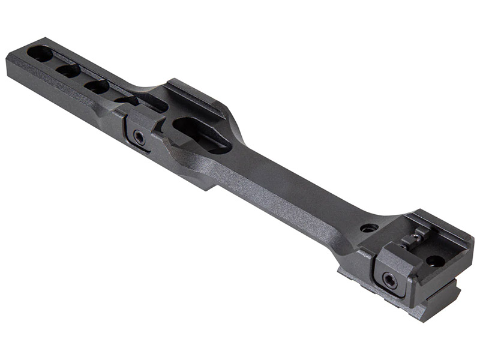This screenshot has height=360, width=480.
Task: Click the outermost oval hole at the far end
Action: click(x=40, y=53)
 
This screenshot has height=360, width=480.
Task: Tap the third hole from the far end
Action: click(x=97, y=86)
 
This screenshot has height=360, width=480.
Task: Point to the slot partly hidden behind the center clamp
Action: click(x=127, y=100)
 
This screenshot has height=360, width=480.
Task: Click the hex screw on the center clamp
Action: click(x=139, y=138)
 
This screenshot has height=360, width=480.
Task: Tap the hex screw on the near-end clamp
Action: click(x=389, y=279)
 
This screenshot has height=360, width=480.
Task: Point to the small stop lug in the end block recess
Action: click(x=414, y=240)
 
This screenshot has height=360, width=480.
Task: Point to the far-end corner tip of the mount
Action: click(x=8, y=60)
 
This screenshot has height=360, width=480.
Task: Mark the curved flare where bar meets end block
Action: click(x=354, y=237)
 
